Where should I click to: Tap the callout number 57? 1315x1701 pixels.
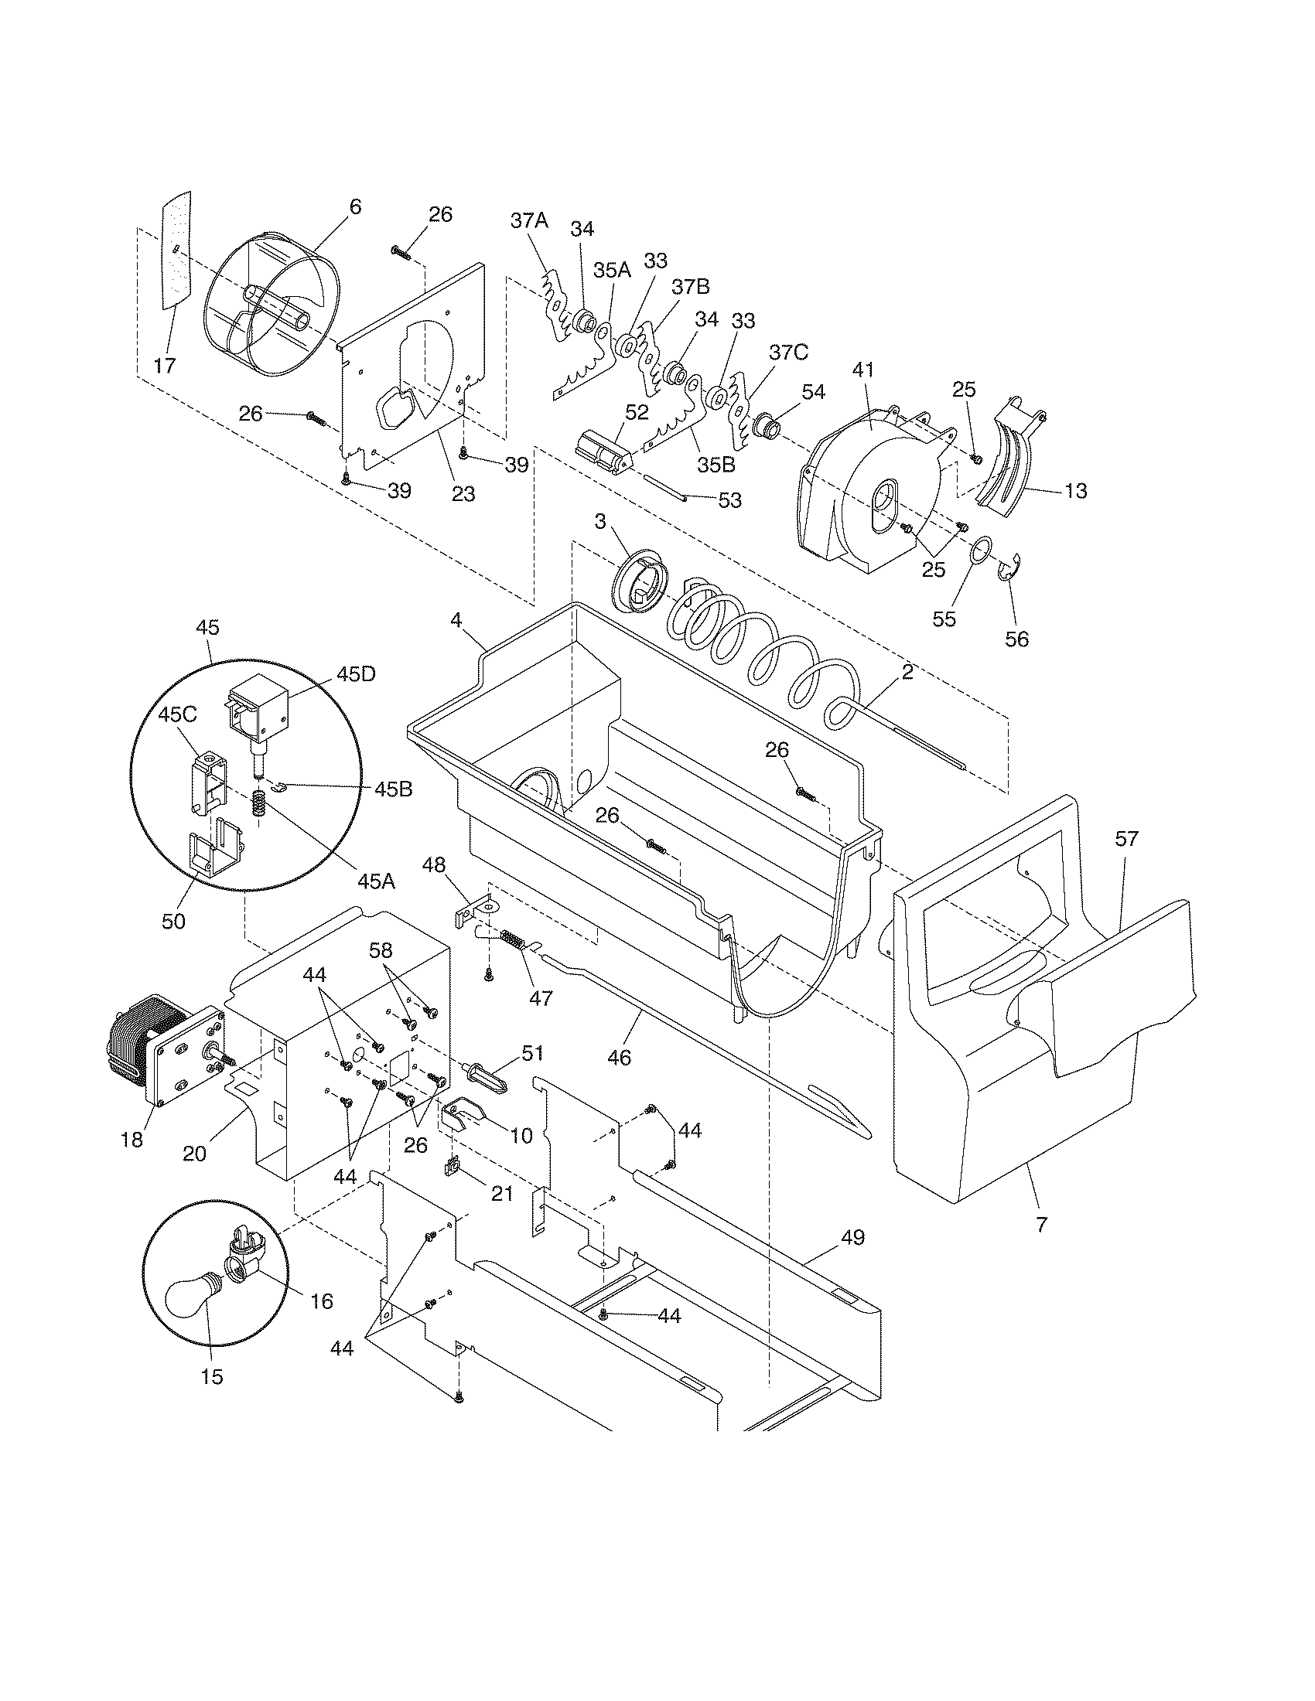pos(1126,839)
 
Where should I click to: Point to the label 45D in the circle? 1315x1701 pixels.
pos(356,674)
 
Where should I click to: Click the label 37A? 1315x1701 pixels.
pos(530,220)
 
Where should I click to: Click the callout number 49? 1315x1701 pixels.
pos(853,1237)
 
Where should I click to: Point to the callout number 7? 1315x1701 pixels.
pos(1042,1225)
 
